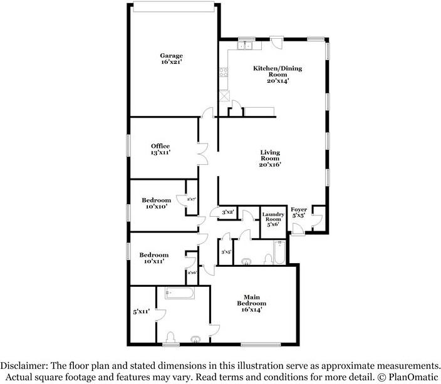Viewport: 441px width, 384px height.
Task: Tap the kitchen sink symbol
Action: [x=244, y=45]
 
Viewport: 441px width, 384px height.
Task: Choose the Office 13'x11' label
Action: [x=160, y=149]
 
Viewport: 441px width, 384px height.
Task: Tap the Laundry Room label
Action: [x=273, y=218]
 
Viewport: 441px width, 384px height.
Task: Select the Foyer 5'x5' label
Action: [x=299, y=212]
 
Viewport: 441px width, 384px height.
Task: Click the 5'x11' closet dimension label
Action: [x=140, y=311]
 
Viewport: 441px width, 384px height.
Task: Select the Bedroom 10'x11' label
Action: [x=154, y=257]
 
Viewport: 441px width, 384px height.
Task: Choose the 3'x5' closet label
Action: [x=226, y=252]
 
